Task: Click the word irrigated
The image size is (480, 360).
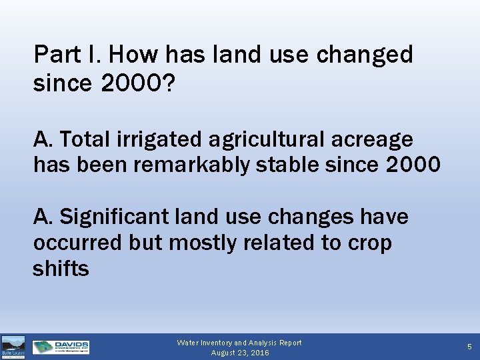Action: point(160,139)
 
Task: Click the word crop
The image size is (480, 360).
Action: point(369,244)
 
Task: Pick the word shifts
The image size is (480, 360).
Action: point(61,269)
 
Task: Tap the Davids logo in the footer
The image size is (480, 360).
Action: point(61,347)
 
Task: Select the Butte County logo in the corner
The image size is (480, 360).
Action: point(13,347)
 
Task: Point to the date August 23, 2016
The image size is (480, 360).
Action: point(239,353)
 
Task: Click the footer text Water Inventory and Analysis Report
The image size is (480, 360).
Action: point(239,343)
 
